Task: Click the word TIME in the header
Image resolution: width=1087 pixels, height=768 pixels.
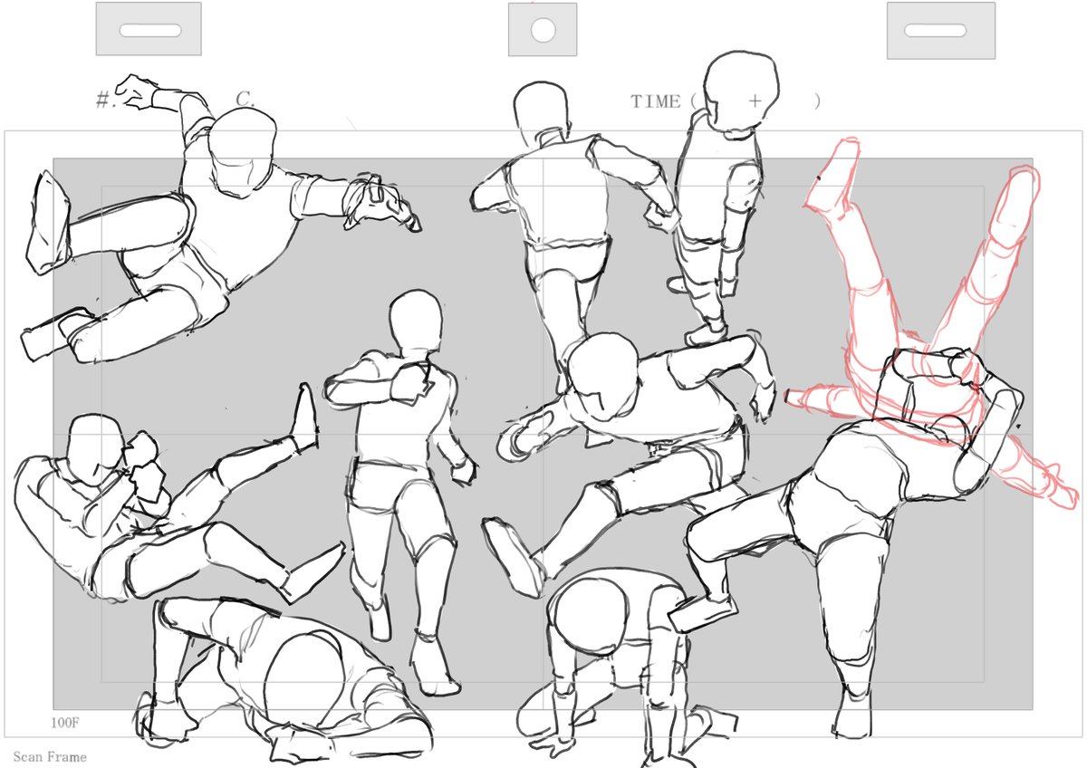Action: (655, 101)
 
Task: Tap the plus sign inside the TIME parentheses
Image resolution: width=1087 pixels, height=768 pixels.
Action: (755, 101)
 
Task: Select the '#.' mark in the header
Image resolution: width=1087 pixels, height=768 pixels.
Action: (105, 100)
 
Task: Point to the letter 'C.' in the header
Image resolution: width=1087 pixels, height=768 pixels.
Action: (245, 99)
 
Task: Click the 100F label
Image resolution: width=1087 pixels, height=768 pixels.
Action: (64, 723)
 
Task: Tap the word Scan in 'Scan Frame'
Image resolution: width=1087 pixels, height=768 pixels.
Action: (28, 757)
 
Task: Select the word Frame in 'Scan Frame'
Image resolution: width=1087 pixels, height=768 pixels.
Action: (67, 757)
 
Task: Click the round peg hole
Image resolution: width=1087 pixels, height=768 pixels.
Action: (543, 30)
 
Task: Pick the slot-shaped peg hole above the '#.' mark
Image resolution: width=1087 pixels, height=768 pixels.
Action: (150, 31)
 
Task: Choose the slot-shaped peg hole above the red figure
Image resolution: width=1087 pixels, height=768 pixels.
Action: (935, 31)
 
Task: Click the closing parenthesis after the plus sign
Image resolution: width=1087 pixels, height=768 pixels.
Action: (818, 101)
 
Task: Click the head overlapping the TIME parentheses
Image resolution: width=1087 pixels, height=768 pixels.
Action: (741, 92)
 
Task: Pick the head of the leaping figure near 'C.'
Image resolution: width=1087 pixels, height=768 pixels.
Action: (243, 150)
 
